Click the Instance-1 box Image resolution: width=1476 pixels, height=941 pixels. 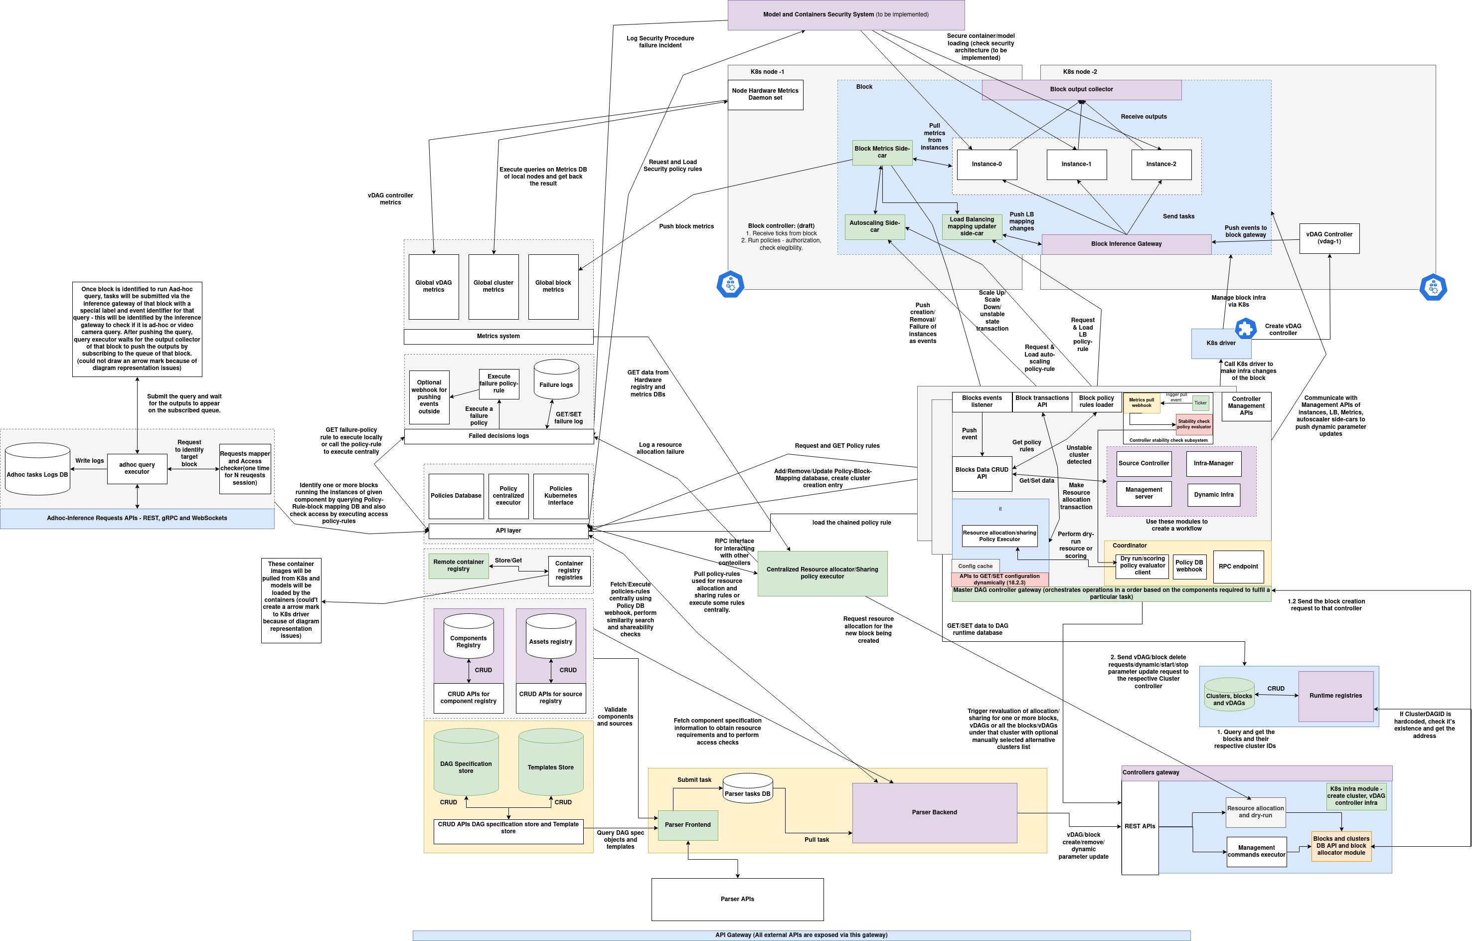point(1076,164)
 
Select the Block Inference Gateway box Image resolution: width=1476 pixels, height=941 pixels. point(1126,244)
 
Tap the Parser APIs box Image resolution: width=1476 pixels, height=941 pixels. point(737,899)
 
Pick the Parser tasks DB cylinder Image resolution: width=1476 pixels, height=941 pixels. point(747,789)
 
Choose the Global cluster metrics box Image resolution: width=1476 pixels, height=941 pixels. point(493,287)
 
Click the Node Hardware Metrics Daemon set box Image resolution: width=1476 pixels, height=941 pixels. point(765,94)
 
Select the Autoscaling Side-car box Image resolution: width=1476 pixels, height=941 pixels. point(874,226)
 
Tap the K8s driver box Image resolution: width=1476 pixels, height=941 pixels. point(1220,343)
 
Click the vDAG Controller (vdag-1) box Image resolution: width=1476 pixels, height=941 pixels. point(1329,238)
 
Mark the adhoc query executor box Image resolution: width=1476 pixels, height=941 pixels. point(137,468)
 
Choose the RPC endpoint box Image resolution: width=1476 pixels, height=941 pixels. point(1238,566)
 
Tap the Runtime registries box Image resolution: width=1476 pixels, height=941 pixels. point(1335,696)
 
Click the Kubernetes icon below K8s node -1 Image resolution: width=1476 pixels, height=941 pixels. point(730,284)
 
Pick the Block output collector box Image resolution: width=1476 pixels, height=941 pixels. point(1081,89)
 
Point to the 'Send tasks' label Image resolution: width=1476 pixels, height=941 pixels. point(1178,216)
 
